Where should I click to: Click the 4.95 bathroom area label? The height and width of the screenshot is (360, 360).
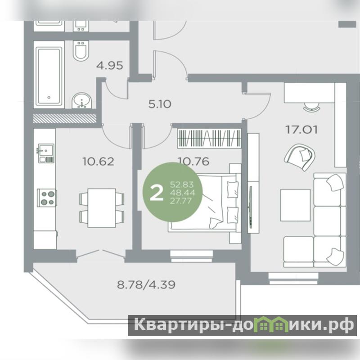click(109, 65)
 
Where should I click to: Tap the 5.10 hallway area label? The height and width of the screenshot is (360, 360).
click(160, 104)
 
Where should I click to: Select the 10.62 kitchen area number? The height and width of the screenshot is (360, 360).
click(98, 162)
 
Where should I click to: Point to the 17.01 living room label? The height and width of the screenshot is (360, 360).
click(301, 130)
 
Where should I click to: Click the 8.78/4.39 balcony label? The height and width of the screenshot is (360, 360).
click(146, 285)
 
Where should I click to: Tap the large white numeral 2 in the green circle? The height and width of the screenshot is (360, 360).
click(156, 193)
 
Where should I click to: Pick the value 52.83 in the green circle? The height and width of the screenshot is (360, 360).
click(182, 184)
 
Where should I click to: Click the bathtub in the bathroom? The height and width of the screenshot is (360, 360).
click(49, 75)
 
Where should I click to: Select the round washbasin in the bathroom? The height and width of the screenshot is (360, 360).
click(82, 100)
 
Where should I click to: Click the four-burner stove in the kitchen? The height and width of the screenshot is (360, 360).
click(47, 198)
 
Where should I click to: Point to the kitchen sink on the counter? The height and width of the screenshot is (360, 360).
click(46, 153)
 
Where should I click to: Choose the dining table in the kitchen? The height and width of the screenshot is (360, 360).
click(102, 208)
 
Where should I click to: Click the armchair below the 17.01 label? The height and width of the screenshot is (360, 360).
click(300, 157)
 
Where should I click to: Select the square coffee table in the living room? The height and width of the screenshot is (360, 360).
click(295, 205)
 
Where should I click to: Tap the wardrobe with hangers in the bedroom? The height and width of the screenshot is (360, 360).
click(209, 138)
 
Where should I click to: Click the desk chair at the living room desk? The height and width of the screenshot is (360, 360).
click(311, 107)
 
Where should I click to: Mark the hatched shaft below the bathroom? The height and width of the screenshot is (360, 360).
click(64, 118)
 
